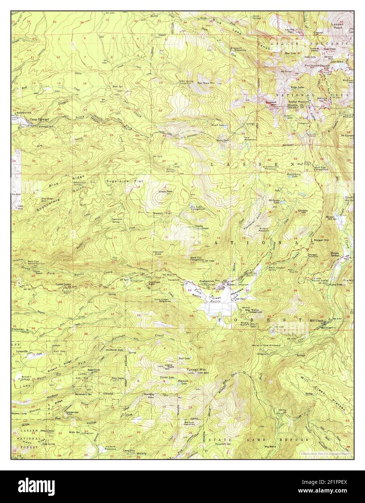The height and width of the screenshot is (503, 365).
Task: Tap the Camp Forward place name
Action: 39,118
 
